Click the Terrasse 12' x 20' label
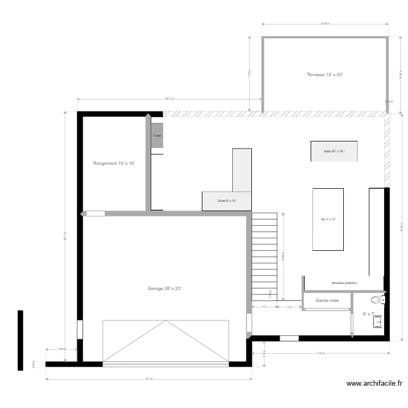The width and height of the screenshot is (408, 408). pos(325,75)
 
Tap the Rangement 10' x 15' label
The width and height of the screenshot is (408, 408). pos(114,163)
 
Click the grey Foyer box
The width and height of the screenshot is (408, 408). pos(157,135)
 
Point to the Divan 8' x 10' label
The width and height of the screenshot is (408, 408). pos(226,201)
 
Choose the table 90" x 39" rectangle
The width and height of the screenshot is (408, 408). pos(334,151)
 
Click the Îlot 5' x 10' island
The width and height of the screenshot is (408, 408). pos(328,219)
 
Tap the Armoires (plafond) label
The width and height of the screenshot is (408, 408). pos(344,283)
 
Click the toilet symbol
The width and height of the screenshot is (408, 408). pos(377,299)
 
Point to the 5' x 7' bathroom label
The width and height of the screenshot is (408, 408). pos(368,314)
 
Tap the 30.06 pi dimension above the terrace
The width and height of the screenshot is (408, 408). pos(325,24)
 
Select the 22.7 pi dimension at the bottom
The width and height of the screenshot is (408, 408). pos(149,379)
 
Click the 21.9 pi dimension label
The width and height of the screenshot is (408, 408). pos(320,353)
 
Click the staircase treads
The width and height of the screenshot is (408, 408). pos(265,256)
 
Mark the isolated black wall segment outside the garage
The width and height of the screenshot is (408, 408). pos(20,340)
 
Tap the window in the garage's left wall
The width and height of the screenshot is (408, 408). pos(79,330)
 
